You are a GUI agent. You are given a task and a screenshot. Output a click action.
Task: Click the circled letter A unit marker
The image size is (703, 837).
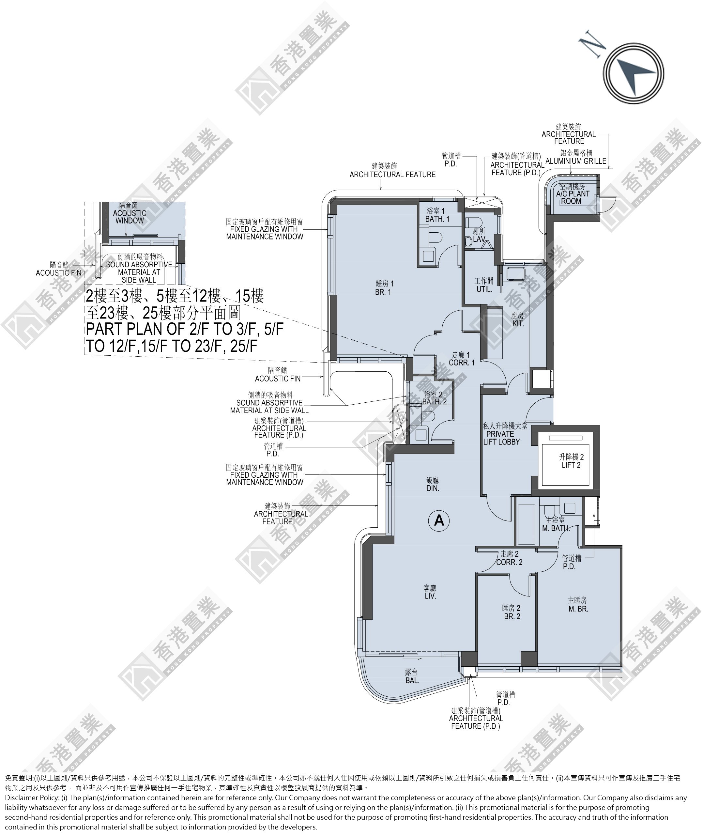pyautogui.click(x=439, y=520)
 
